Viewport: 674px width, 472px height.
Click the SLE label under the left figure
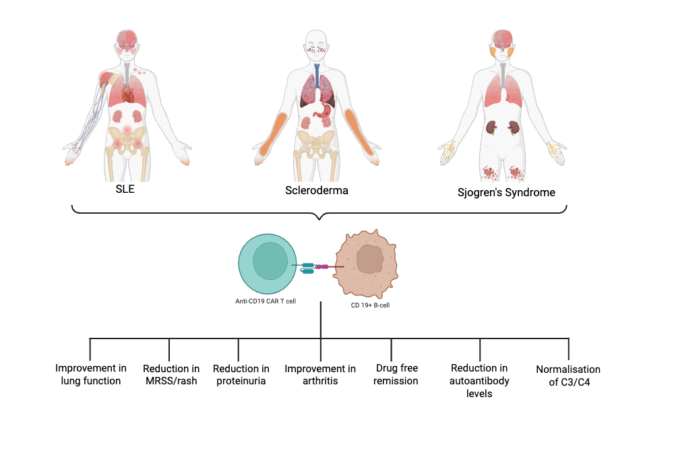coord(125,189)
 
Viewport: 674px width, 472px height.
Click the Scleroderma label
coord(317,190)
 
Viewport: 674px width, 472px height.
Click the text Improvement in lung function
coord(90,375)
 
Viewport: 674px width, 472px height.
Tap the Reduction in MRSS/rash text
coord(171,375)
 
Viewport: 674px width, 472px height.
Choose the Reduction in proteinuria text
coord(241,375)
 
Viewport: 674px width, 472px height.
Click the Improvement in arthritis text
coord(320,375)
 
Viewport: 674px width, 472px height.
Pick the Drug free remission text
coord(397,375)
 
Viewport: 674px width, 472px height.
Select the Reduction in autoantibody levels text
coord(480,380)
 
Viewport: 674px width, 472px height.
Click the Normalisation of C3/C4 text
coord(568,376)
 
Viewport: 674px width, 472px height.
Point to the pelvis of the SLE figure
coord(127,139)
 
